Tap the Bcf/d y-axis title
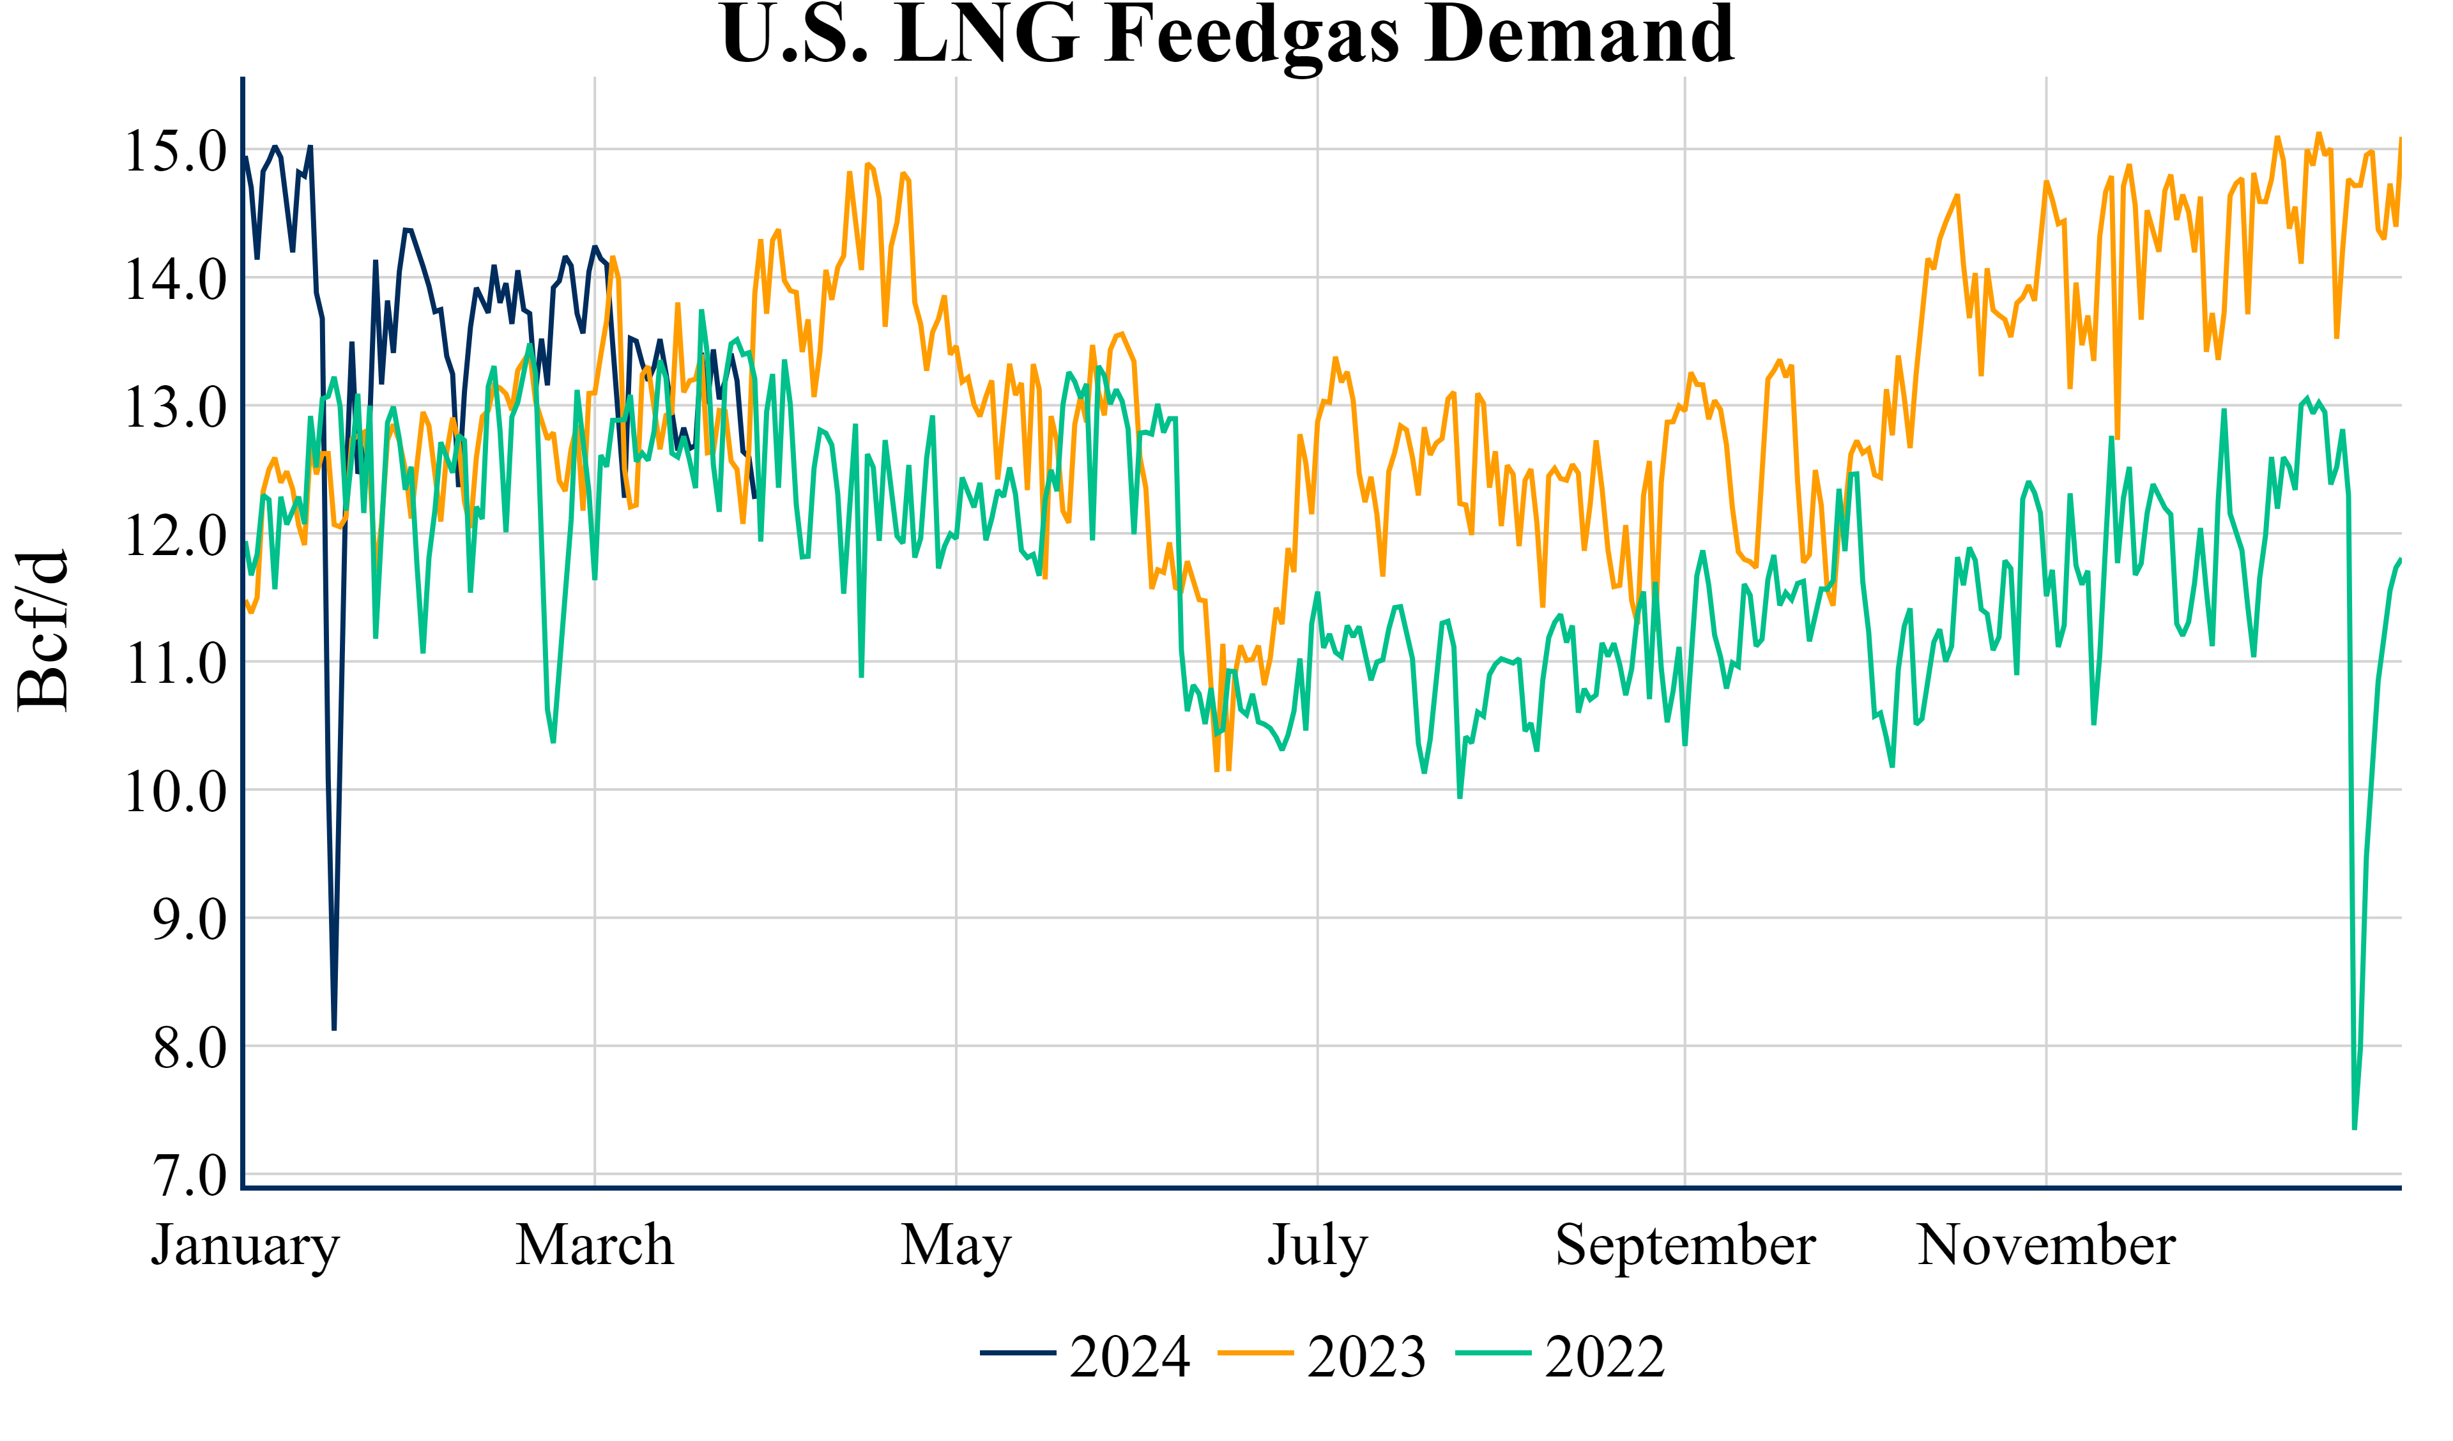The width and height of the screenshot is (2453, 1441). (x=43, y=631)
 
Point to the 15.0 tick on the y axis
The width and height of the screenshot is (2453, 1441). (x=175, y=151)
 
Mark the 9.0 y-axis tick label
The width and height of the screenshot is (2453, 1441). (x=189, y=919)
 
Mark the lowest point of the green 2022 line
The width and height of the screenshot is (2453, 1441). (x=2355, y=1129)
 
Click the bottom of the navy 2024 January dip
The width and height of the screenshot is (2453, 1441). (x=334, y=1028)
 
